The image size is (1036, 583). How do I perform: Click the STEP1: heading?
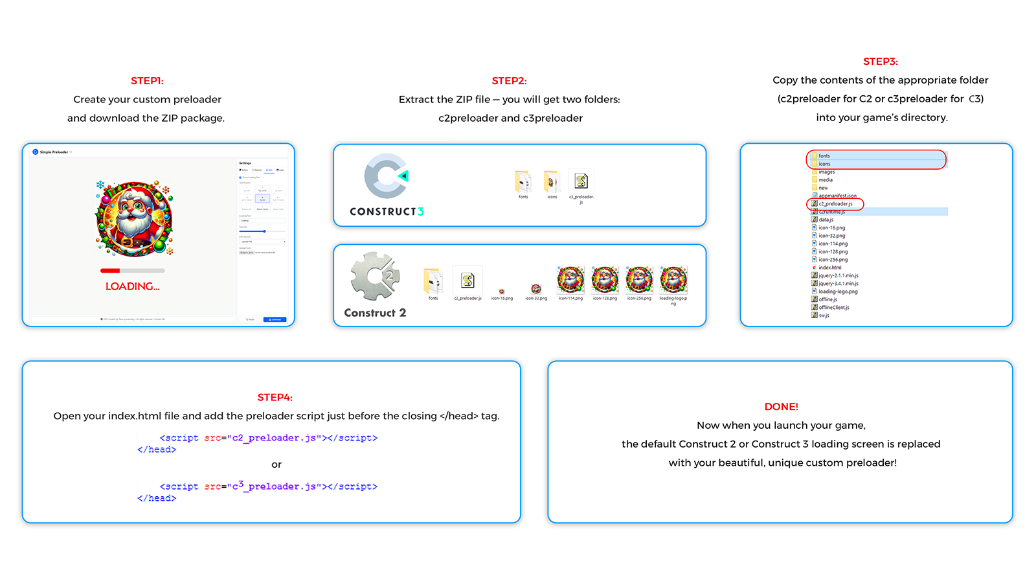pyautogui.click(x=147, y=81)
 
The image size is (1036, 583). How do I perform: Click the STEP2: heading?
pyautogui.click(x=509, y=81)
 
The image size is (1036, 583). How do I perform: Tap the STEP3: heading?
pyautogui.click(x=880, y=62)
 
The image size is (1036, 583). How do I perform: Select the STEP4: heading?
pyautogui.click(x=275, y=397)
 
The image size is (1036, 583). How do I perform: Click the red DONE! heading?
pyautogui.click(x=781, y=407)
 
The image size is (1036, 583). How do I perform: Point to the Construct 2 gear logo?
pyautogui.click(x=375, y=277)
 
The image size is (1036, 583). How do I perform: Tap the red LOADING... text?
pyautogui.click(x=132, y=286)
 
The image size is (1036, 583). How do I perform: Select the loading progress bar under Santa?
pyautogui.click(x=132, y=270)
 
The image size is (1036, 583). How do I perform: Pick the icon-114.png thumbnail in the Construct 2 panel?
pyautogui.click(x=570, y=280)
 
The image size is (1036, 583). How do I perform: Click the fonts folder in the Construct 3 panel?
pyautogui.click(x=523, y=182)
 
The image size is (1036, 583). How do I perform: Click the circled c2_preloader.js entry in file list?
pyautogui.click(x=835, y=204)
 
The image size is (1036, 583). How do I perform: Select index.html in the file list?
pyautogui.click(x=829, y=268)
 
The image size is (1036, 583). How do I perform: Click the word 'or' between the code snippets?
pyautogui.click(x=276, y=464)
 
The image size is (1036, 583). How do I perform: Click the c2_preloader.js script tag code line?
pyautogui.click(x=268, y=438)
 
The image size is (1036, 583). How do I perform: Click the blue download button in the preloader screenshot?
pyautogui.click(x=275, y=319)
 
